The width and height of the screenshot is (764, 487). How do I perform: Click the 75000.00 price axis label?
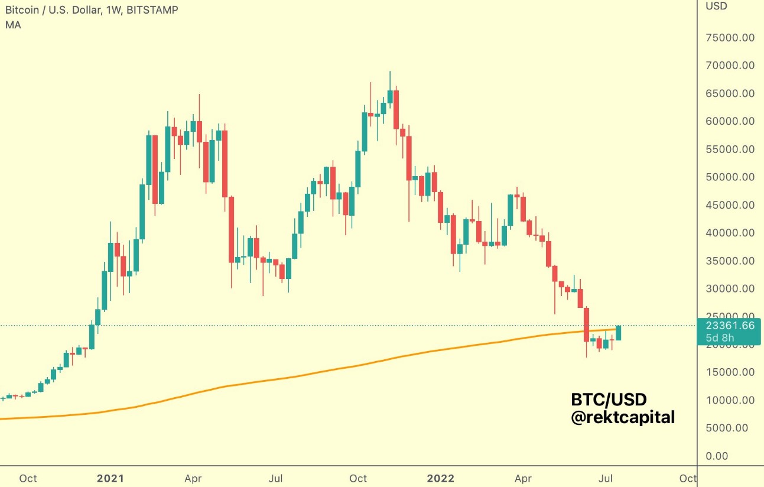pos(730,38)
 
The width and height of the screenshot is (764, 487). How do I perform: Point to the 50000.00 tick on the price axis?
pos(730,177)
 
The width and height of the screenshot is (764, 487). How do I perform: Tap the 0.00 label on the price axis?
pos(717,456)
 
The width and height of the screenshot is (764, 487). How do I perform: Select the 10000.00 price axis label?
pos(730,400)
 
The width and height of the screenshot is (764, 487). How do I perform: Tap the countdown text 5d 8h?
pos(721,338)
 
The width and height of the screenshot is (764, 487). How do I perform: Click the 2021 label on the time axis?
pos(110,478)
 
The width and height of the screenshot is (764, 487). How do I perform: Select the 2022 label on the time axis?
pos(441,478)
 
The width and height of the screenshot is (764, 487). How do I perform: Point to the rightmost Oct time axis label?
pos(688,478)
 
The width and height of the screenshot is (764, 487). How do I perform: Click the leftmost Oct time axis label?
pos(28,478)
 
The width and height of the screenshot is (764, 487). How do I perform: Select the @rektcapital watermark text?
pos(623,417)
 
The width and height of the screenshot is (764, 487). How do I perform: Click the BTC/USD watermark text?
pos(609,400)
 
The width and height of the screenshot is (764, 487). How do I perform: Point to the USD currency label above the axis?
pos(717,7)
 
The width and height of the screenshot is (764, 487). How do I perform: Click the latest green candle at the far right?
pos(619,333)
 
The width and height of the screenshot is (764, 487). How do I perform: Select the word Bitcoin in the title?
pos(22,10)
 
